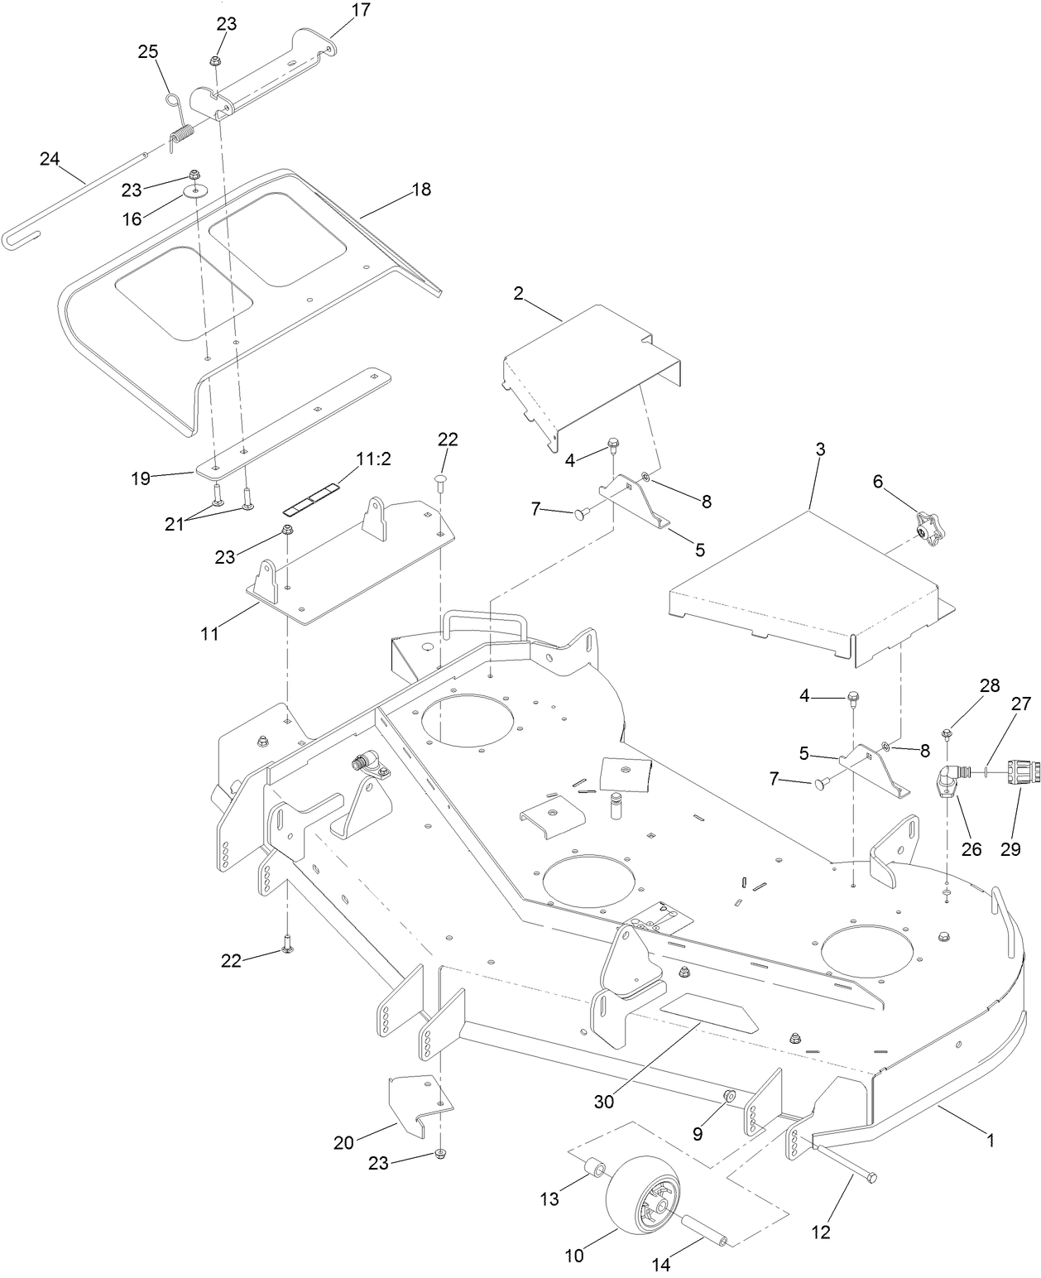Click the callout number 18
click(420, 190)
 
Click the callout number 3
click(820, 451)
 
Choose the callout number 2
click(518, 293)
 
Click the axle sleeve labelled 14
click(704, 1225)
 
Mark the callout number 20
click(343, 1143)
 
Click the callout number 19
click(141, 478)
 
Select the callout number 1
click(990, 1140)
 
